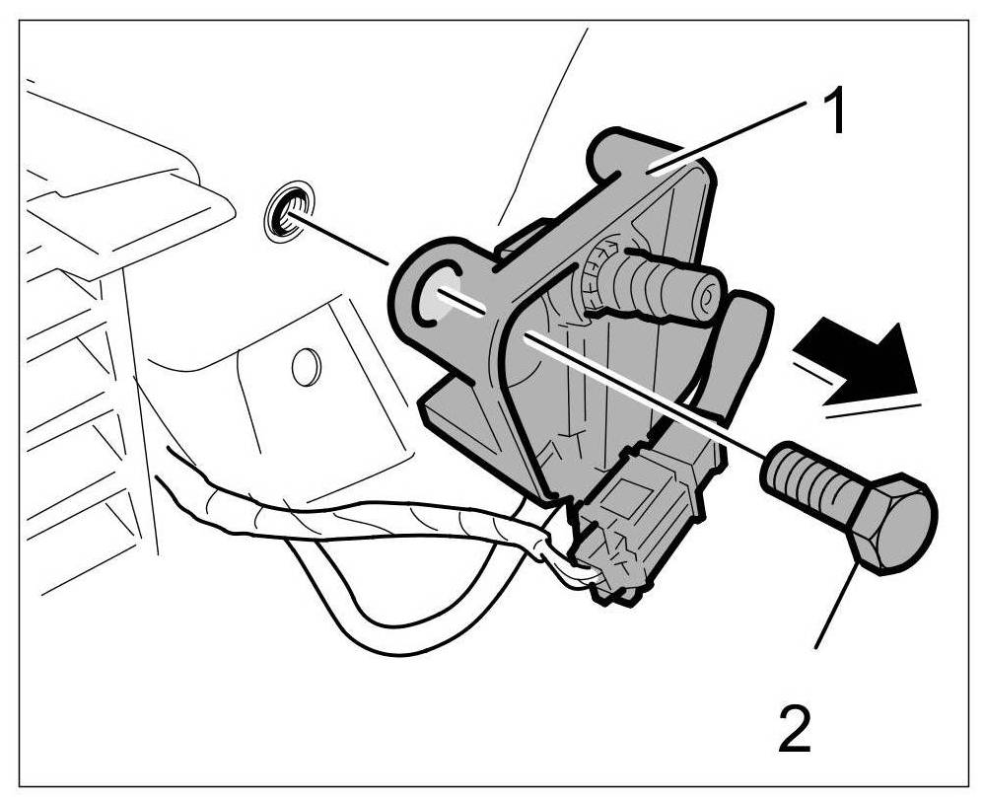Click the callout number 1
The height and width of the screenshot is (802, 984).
[x=833, y=113]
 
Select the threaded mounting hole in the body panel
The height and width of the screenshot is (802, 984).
[x=288, y=211]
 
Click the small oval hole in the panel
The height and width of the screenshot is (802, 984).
[x=306, y=366]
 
